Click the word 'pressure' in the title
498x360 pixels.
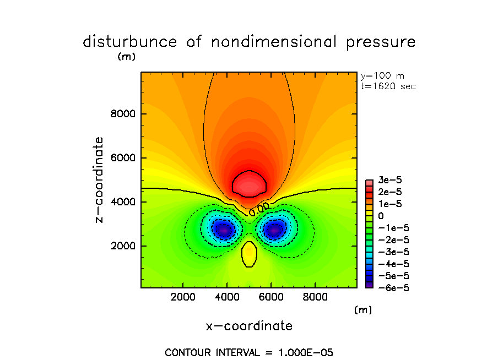[380, 42]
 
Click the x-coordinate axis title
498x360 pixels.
[249, 326]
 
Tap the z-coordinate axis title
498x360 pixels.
[100, 180]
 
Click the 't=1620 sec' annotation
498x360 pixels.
[388, 86]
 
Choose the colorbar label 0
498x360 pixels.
[380, 217]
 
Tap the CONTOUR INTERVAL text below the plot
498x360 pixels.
[249, 352]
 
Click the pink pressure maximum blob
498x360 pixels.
[250, 184]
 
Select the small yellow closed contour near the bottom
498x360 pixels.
[249, 254]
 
